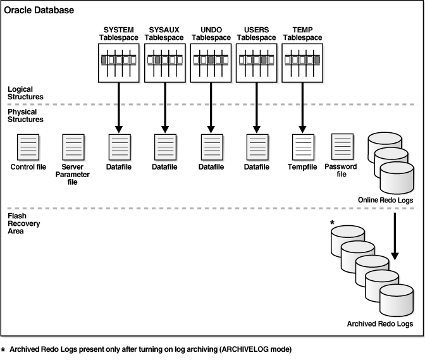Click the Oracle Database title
pos(39,11)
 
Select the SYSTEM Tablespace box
pos(119,63)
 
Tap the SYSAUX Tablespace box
pos(164,63)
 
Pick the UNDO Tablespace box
pos(211,63)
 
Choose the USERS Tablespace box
pos(256,63)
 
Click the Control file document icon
pos(27,147)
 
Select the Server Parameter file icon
pos(73,147)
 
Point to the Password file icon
pos(342,147)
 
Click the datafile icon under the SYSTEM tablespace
pos(119,147)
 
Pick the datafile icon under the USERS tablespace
pos(256,147)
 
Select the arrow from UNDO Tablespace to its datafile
pos(211,108)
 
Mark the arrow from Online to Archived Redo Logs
pos(396,237)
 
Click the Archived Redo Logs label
pos(380,323)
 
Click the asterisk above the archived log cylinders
pos(331,223)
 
